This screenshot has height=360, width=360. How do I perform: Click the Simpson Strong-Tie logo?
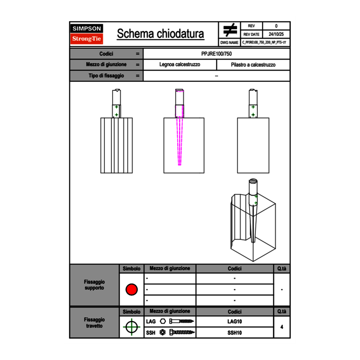pyautogui.click(x=87, y=34)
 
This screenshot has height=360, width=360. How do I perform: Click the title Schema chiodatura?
pyautogui.click(x=160, y=34)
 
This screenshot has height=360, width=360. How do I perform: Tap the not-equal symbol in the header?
pyautogui.click(x=230, y=30)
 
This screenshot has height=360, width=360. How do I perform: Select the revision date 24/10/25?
pyautogui.click(x=276, y=34)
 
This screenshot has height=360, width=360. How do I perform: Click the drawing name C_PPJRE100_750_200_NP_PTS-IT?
pyautogui.click(x=264, y=42)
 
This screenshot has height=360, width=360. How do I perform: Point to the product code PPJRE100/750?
pyautogui.click(x=216, y=54)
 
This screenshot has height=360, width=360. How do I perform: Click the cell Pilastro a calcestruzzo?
pyautogui.click(x=253, y=65)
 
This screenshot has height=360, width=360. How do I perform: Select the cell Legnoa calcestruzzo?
pyautogui.click(x=180, y=65)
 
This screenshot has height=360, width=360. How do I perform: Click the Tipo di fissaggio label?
pyautogui.click(x=106, y=76)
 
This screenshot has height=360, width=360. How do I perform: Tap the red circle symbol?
pyautogui.click(x=131, y=290)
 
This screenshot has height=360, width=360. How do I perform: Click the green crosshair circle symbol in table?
pyautogui.click(x=131, y=327)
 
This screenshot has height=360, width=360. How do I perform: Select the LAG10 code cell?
pyautogui.click(x=234, y=322)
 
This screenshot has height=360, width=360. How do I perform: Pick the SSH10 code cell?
pyautogui.click(x=234, y=333)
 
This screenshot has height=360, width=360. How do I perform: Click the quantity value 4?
pyautogui.click(x=281, y=327)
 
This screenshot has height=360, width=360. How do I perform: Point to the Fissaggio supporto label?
pyautogui.click(x=94, y=285)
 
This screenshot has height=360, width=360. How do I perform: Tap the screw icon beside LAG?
pyautogui.click(x=180, y=322)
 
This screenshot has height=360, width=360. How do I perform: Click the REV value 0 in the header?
pyautogui.click(x=276, y=26)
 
